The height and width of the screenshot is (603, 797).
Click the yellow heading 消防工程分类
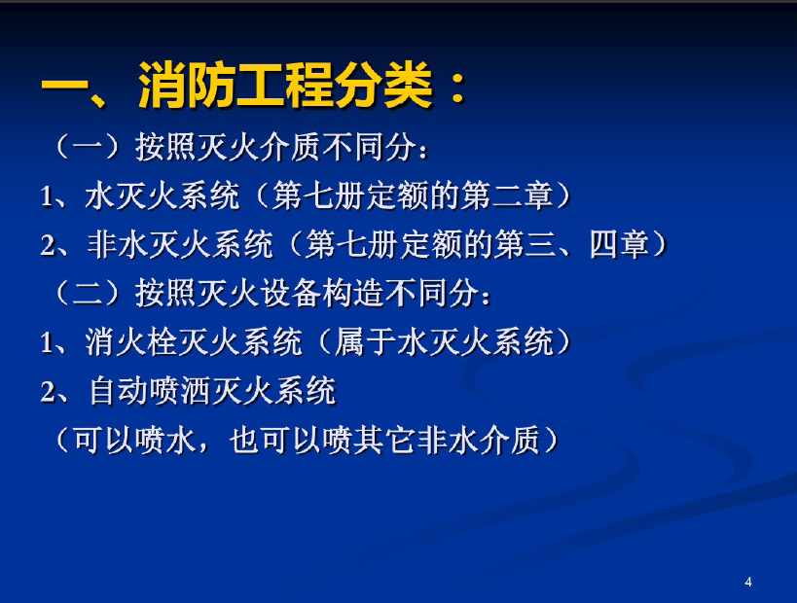click(x=285, y=86)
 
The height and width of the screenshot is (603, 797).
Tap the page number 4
click(x=747, y=583)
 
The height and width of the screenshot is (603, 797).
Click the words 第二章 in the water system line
click(x=507, y=195)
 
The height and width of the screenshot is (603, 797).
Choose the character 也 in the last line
click(x=245, y=440)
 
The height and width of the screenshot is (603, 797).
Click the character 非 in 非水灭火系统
click(x=102, y=244)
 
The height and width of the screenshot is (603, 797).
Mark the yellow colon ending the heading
click(x=458, y=86)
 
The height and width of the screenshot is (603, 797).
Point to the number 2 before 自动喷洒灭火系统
click(x=48, y=392)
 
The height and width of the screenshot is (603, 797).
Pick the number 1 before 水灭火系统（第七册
click(x=47, y=196)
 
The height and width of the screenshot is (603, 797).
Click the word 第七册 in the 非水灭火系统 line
click(x=351, y=244)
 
